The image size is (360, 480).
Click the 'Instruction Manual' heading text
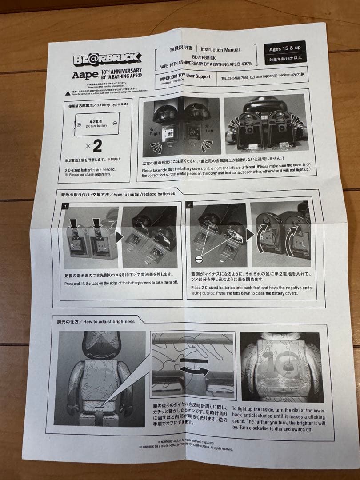[220, 50]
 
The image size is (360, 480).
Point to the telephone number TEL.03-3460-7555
[235, 77]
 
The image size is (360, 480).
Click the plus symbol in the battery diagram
[79, 125]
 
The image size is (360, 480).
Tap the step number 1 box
[65, 206]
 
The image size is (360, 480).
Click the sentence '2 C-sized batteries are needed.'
[90, 169]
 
